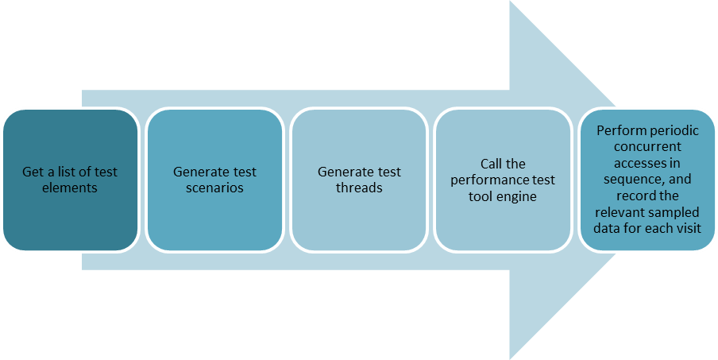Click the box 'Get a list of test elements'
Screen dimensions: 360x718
coord(70,180)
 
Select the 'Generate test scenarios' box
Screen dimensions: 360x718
coord(214,180)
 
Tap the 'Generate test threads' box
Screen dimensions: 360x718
coord(359,180)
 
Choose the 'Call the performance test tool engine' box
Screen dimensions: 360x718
coord(503,180)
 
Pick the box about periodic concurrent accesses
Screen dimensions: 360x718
coord(648,180)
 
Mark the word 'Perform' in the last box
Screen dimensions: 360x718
coord(619,131)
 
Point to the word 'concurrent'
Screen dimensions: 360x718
coord(648,147)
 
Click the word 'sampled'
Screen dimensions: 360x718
coord(675,213)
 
